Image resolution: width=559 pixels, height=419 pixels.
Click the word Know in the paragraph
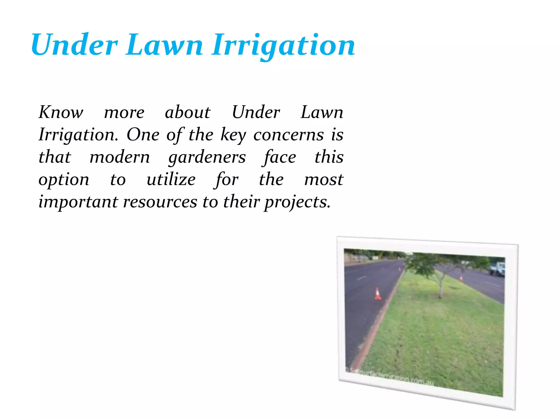coord(61,112)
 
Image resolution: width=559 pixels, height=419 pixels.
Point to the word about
coord(188,112)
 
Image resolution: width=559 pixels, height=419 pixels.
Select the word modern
coord(120,157)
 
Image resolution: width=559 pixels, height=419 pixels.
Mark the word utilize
coord(171,179)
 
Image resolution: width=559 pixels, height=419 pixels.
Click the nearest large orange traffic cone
coord(377,294)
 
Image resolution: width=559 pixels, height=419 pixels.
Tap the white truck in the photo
coord(497,268)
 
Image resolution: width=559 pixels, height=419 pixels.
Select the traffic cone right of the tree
coord(461,279)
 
